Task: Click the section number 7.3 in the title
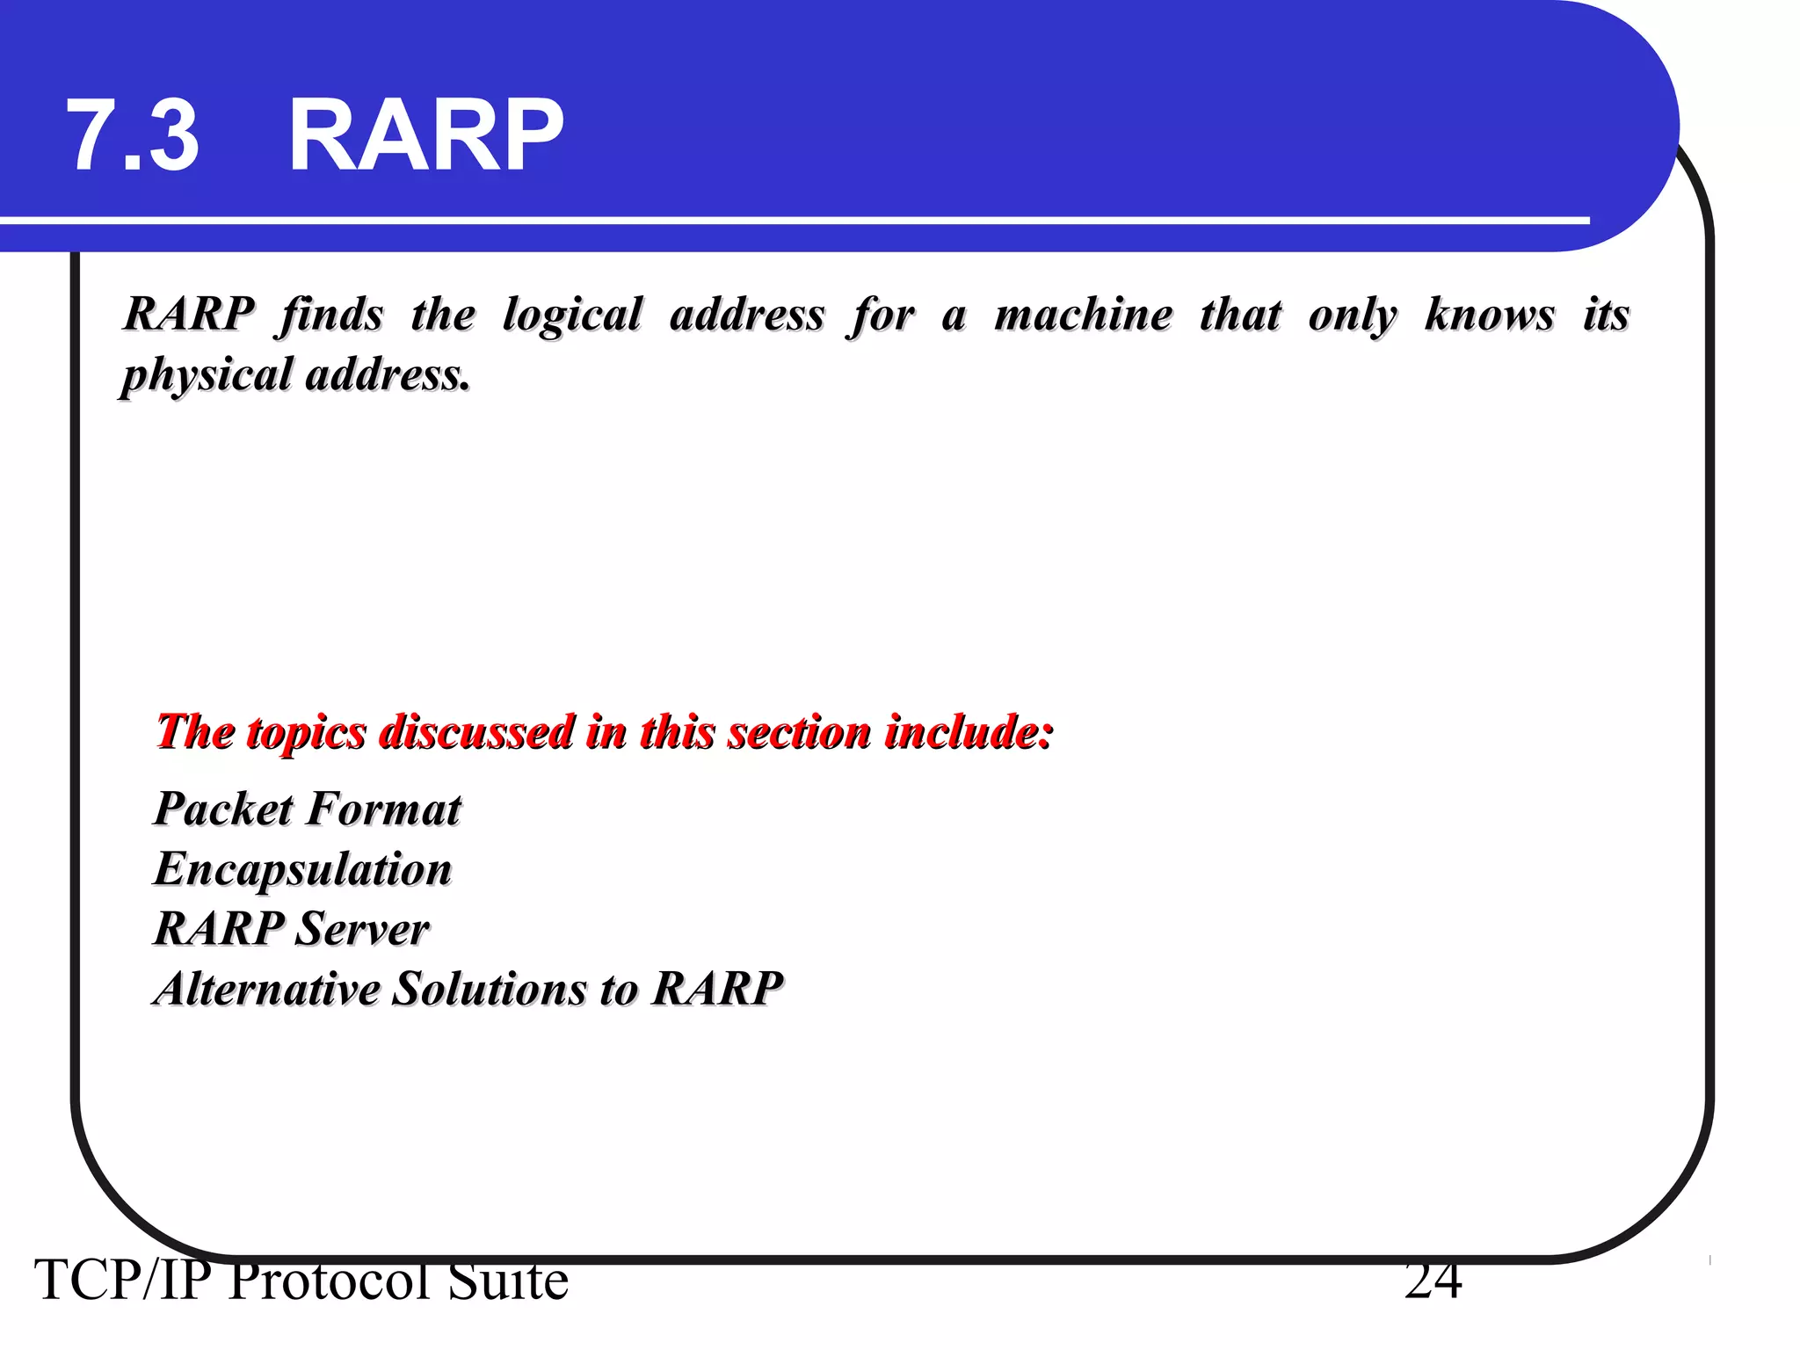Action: [134, 136]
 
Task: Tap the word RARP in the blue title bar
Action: [425, 136]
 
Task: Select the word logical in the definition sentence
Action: [572, 315]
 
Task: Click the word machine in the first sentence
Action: [1083, 315]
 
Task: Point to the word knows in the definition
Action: [1489, 315]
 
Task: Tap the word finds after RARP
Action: [332, 315]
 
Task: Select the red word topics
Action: [306, 732]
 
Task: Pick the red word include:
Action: [969, 731]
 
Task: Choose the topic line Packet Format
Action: [308, 809]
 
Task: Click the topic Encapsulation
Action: [303, 869]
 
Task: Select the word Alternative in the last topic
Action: [267, 989]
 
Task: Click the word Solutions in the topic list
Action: [489, 989]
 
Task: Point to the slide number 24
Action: [1433, 1281]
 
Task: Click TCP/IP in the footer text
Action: [123, 1281]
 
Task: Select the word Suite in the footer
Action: [508, 1281]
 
